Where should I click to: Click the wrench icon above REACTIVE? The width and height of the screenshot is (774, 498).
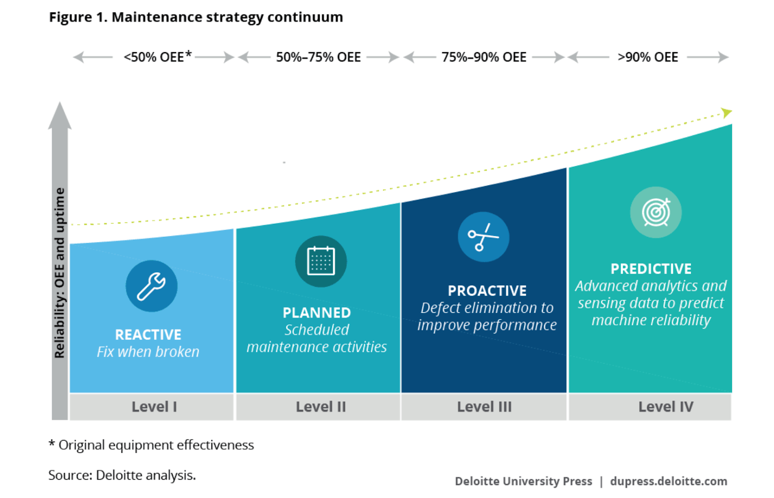tap(151, 286)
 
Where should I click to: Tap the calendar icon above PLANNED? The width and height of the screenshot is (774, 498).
tap(321, 262)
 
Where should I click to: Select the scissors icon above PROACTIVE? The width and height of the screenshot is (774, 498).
tap(483, 237)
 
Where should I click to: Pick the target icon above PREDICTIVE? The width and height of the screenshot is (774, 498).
tap(655, 212)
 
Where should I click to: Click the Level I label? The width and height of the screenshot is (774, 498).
tap(154, 407)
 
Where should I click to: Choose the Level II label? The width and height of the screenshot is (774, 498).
tap(321, 407)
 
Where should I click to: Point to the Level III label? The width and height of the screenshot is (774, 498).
tap(484, 407)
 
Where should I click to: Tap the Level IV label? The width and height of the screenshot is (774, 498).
tap(666, 407)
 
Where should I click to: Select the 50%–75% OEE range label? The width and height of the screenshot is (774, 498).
tap(318, 57)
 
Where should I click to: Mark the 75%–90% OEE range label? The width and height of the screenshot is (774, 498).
tap(484, 57)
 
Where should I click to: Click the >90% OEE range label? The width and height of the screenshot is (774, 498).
tap(648, 57)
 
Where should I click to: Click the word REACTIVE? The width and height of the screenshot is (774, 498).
tap(148, 335)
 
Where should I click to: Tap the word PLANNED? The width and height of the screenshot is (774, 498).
tap(317, 313)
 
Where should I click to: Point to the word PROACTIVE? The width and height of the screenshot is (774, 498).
tap(487, 291)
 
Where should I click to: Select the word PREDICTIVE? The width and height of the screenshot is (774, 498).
tap(651, 269)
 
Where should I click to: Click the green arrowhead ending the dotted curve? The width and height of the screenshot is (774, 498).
tap(727, 113)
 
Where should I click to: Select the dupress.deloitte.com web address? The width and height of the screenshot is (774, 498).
tap(669, 481)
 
